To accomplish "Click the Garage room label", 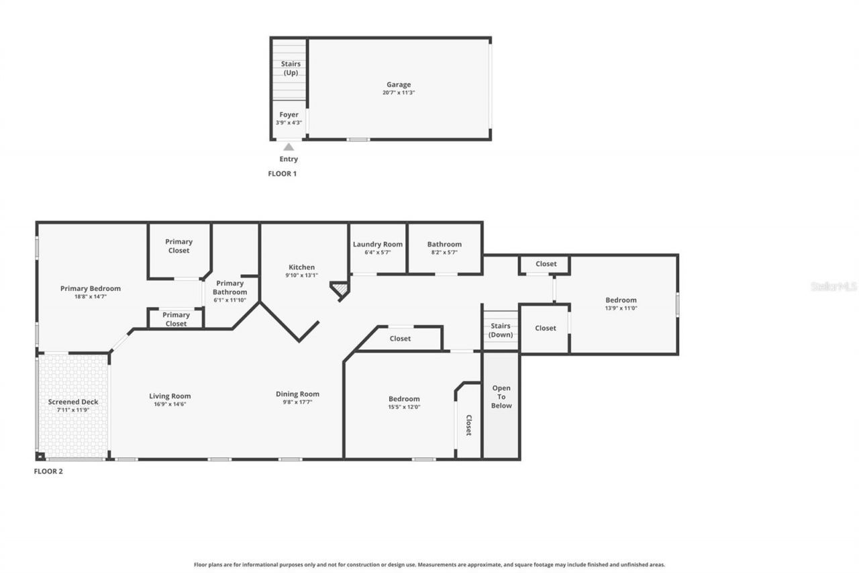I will tap(399, 85).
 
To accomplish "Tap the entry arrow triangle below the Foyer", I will tap(289, 147).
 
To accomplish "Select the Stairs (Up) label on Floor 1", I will tap(291, 68).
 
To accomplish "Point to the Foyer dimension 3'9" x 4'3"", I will tap(289, 123).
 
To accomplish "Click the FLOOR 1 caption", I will tap(282, 173).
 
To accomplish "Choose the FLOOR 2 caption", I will tap(48, 472).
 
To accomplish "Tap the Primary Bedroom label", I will tap(91, 289).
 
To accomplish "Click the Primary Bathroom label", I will tap(230, 288).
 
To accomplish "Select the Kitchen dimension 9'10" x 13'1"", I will tap(301, 275).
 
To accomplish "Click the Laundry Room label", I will tap(378, 245).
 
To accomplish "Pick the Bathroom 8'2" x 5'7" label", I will tap(444, 245).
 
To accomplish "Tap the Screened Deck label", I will tap(73, 402).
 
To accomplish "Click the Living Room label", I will tap(170, 396).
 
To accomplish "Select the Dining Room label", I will tap(297, 394).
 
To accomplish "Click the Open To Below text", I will tap(501, 396).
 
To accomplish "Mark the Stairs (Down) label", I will tap(501, 330).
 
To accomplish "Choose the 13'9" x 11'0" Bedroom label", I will tap(621, 300).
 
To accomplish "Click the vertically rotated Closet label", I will tap(468, 425).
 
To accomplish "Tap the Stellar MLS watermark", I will tap(833, 286).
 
